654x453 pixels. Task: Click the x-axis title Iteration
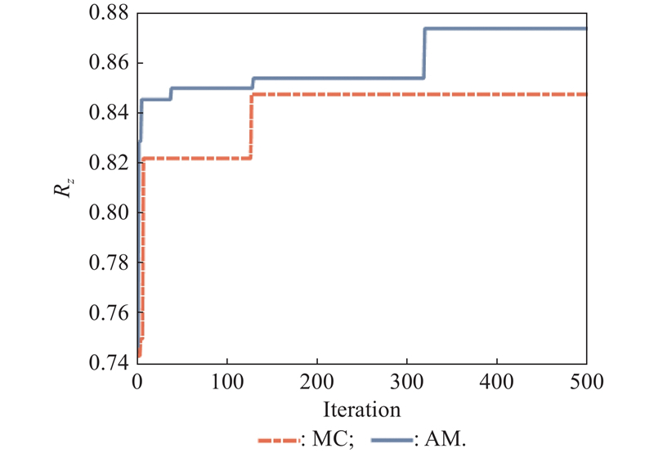[361, 407]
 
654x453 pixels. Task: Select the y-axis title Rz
[64, 189]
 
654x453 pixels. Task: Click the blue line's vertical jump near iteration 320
[424, 52]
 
